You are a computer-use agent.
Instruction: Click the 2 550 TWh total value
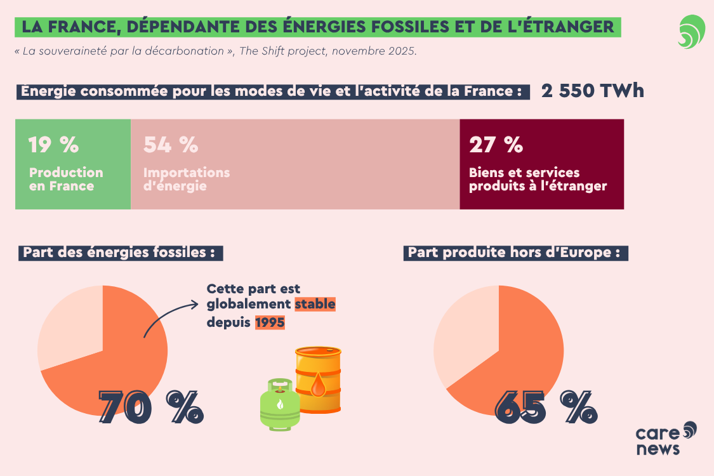click(592, 91)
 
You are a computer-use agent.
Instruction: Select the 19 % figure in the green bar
click(53, 145)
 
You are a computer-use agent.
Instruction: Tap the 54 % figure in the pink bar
click(171, 145)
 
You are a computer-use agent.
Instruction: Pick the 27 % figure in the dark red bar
click(496, 145)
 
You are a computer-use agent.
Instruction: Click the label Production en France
click(66, 179)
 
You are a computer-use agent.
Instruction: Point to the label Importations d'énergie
click(187, 179)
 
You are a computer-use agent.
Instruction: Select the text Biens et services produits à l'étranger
click(538, 179)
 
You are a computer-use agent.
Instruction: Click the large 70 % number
click(151, 407)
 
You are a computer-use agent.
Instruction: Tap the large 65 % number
click(546, 407)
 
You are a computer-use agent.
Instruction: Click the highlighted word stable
click(315, 305)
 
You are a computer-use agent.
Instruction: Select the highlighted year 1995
click(270, 322)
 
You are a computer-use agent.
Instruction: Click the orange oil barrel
click(318, 380)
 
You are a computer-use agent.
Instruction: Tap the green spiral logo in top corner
click(691, 32)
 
